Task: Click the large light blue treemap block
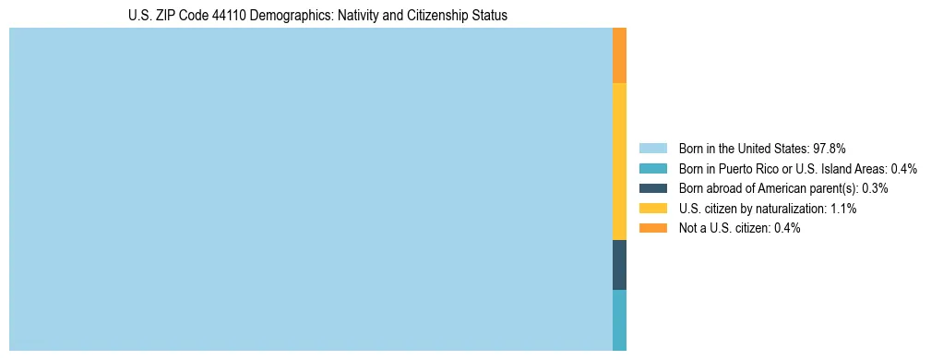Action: [310, 189]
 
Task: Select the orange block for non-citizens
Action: [619, 55]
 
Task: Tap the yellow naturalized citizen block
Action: [619, 162]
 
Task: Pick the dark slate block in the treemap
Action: [619, 265]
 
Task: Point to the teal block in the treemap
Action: [619, 320]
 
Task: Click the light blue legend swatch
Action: [652, 148]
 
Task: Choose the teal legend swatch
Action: [652, 168]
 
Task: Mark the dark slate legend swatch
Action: [652, 188]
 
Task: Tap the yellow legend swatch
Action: [652, 209]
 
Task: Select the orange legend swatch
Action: [652, 228]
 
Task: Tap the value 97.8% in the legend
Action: [830, 148]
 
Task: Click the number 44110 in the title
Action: [229, 16]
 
